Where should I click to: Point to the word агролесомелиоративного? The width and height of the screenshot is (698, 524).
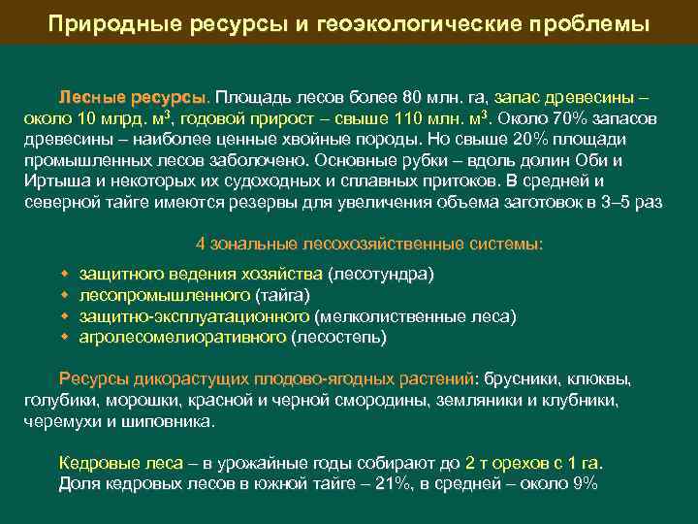point(183,337)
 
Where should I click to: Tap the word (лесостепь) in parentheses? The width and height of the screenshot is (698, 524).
point(339,337)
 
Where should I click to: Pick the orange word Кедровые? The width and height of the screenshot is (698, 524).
point(96,464)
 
